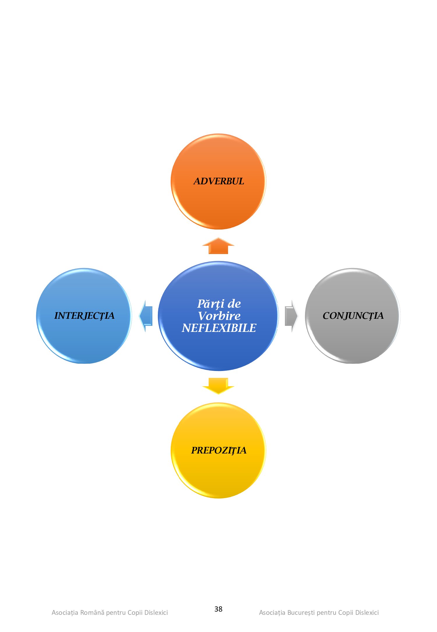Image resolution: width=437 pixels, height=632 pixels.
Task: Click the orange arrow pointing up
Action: pyautogui.click(x=218, y=246)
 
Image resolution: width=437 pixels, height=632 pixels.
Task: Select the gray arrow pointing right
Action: pyautogui.click(x=291, y=316)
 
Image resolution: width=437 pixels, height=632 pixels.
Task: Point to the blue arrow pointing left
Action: pyautogui.click(x=146, y=316)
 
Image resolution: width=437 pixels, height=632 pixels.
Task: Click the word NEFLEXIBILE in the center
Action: pyautogui.click(x=219, y=328)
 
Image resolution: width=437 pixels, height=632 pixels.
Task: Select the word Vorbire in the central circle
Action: pyautogui.click(x=219, y=316)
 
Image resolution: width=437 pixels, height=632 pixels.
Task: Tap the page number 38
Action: pyautogui.click(x=218, y=609)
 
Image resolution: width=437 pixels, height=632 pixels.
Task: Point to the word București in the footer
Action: pyautogui.click(x=301, y=612)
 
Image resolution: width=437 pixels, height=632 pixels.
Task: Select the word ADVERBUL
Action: pyautogui.click(x=219, y=181)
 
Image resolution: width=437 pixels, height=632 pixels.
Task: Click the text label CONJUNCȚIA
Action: pyautogui.click(x=353, y=316)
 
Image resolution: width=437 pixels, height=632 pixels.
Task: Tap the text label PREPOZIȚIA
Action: pyautogui.click(x=218, y=450)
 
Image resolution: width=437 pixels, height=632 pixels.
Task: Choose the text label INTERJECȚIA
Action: pyautogui.click(x=84, y=316)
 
